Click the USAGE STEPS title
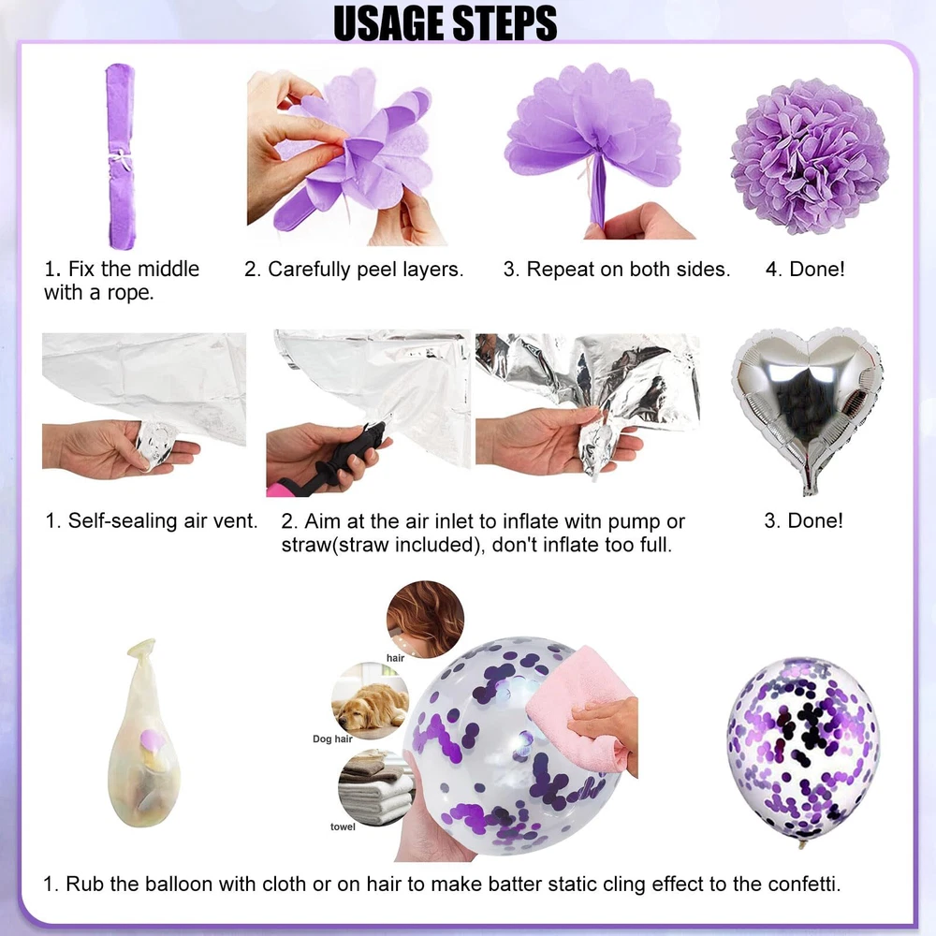tap(446, 23)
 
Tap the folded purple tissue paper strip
tap(121, 156)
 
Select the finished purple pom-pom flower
tap(810, 155)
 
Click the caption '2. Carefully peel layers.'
tap(354, 270)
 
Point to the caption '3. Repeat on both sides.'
tap(617, 270)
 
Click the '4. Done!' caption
tap(805, 270)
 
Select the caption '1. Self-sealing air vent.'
tap(151, 520)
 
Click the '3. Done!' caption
tap(803, 520)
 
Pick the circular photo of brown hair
tap(425, 620)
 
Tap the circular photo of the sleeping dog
tap(370, 700)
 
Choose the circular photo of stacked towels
tap(376, 788)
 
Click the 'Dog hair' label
tap(332, 739)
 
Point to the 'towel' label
tap(343, 826)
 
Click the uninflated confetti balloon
tap(144, 734)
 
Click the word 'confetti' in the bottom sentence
tap(803, 884)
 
